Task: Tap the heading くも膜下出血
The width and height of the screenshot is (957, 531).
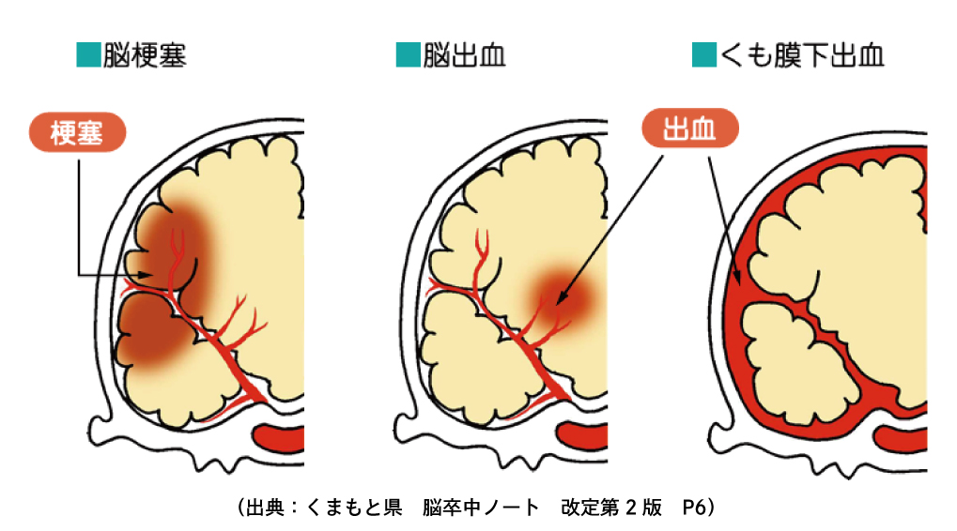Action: tap(803, 55)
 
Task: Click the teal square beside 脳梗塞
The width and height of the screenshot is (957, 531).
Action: tap(87, 55)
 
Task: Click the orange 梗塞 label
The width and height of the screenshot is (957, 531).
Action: tap(77, 133)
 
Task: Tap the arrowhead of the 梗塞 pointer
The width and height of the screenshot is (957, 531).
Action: tap(149, 274)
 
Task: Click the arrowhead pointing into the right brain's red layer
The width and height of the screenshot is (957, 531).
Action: tap(743, 279)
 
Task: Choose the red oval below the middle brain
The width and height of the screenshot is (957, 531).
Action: tap(585, 436)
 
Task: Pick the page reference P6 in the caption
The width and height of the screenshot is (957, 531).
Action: tap(696, 508)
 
